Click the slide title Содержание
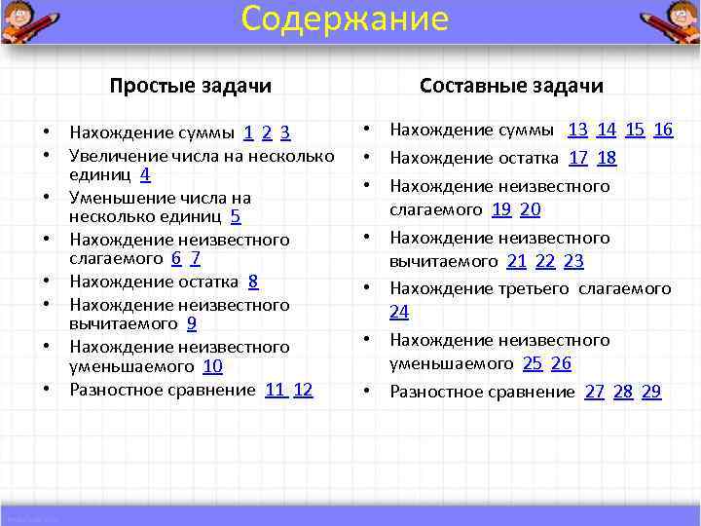(345, 19)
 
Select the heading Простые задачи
(190, 86)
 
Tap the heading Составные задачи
(511, 86)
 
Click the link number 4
(145, 175)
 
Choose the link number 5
(236, 217)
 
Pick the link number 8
(253, 282)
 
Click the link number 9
(192, 323)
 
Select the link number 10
(212, 366)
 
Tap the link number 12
(303, 390)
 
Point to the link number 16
(663, 130)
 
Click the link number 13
(577, 130)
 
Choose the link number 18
(607, 158)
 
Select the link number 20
(531, 209)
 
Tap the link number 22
(545, 261)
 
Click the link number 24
(399, 312)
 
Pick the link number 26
(561, 363)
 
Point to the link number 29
(651, 392)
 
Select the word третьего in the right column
(537, 288)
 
